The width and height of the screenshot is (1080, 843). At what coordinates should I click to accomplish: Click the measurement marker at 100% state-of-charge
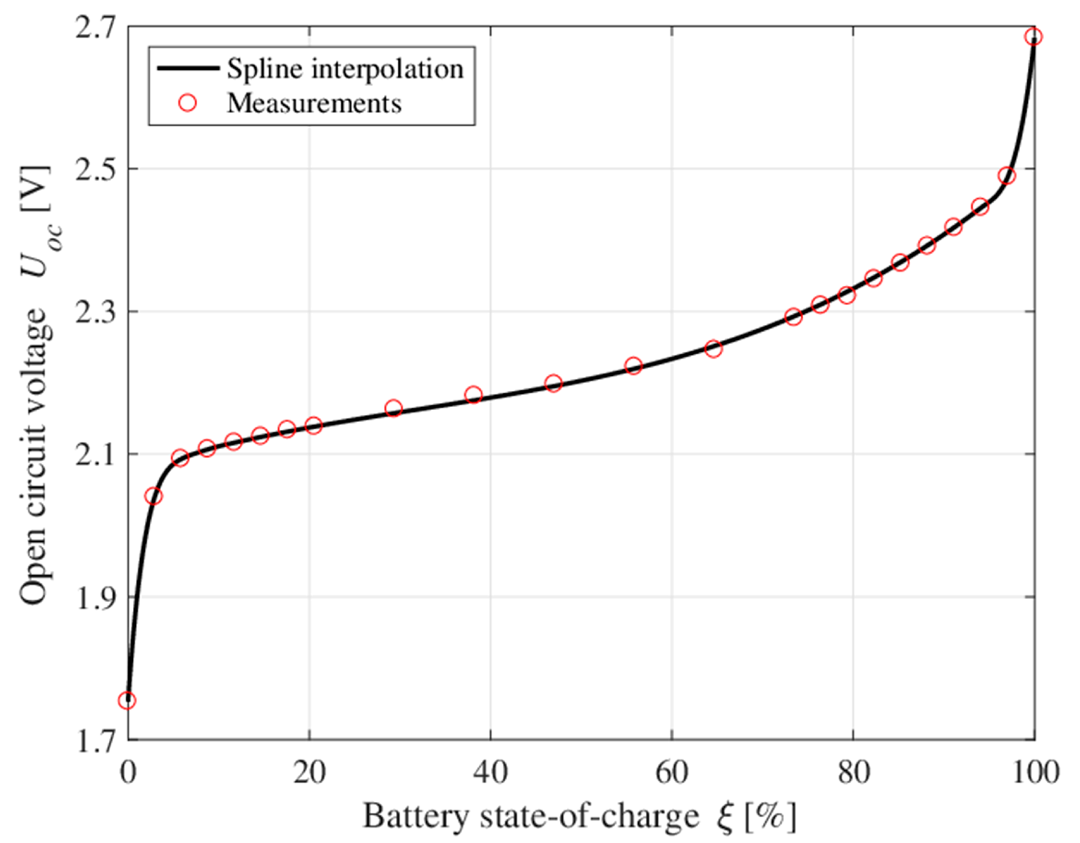(x=1033, y=37)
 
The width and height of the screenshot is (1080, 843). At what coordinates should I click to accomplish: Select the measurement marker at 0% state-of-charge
(x=128, y=700)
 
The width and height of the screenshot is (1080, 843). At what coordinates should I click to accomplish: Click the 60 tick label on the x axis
(x=672, y=772)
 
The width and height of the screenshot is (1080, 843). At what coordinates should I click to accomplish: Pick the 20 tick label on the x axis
(x=309, y=772)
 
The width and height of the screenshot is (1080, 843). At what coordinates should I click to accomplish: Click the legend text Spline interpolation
(x=345, y=68)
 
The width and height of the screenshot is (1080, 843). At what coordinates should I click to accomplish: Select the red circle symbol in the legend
(x=188, y=104)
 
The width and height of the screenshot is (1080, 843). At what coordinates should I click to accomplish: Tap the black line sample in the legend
(x=188, y=68)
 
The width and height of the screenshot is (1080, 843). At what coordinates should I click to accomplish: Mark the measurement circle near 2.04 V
(x=153, y=496)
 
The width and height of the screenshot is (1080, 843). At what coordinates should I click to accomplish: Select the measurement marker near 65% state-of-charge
(x=713, y=349)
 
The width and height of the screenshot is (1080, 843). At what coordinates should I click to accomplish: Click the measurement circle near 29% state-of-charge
(x=393, y=408)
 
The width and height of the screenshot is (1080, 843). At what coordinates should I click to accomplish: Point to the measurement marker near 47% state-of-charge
(x=554, y=383)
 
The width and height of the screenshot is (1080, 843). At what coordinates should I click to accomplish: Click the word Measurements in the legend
(x=314, y=104)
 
